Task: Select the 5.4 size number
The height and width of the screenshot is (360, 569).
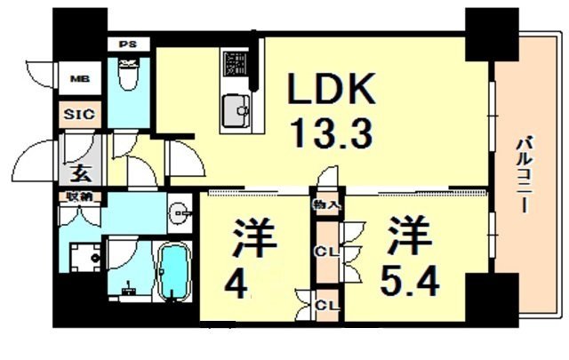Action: (411, 284)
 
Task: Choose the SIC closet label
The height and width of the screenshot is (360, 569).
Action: (78, 115)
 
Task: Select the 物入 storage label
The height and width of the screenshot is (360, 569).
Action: (325, 205)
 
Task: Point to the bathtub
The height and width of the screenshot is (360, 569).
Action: (174, 273)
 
